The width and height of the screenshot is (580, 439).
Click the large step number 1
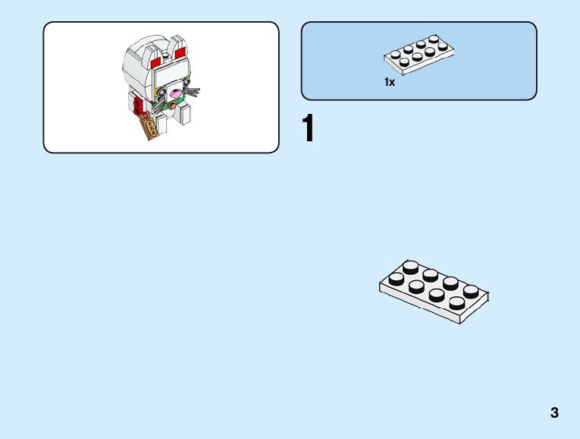308,128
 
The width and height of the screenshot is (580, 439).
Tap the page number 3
554,413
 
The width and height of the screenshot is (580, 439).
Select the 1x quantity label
390,82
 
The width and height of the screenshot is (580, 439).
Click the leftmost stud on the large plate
395,278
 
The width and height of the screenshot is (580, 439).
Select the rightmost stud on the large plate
470,290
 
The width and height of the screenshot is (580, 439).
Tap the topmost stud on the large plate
410,267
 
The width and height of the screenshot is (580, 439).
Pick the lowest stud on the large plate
456,303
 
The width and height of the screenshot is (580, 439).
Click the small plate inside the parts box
418,54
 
